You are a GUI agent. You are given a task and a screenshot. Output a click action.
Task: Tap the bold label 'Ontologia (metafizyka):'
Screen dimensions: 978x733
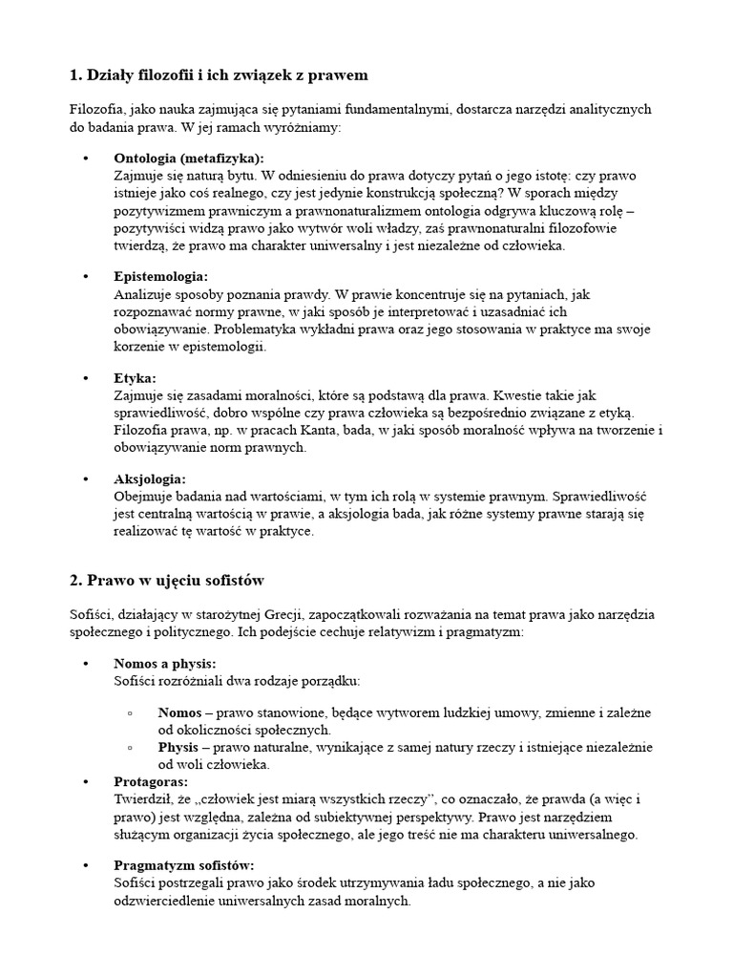[189, 158]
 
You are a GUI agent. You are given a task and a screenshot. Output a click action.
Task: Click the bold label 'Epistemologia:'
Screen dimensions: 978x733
[160, 276]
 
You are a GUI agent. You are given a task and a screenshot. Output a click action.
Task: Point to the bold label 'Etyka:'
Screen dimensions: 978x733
[135, 377]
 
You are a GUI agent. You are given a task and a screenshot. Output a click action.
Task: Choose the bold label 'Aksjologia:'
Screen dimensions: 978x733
[150, 478]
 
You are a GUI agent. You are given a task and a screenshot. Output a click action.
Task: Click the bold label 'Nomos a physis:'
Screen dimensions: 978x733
[164, 662]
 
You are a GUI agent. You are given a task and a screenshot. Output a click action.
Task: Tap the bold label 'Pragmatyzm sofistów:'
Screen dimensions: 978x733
[183, 864]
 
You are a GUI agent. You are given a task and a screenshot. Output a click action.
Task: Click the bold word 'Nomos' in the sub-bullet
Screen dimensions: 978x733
[179, 713]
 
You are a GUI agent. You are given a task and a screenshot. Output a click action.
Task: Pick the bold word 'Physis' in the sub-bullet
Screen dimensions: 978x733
[178, 747]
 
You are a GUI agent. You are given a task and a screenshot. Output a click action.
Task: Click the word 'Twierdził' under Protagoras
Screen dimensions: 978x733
[141, 798]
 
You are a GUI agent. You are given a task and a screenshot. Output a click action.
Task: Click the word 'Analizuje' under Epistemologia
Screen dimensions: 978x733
[144, 294]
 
